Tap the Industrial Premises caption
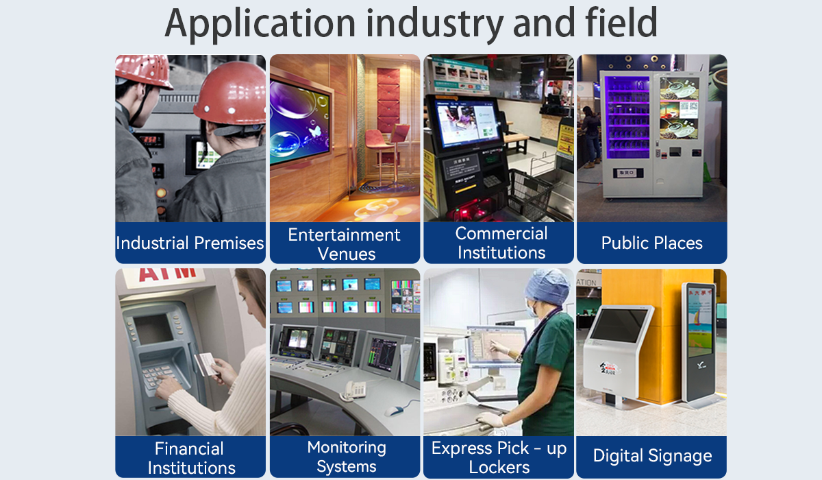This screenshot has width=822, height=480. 190,243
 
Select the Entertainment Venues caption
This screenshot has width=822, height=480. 344,244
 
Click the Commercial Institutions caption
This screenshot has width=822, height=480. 501,243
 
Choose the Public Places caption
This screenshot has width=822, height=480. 651,243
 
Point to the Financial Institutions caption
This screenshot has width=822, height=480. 190,458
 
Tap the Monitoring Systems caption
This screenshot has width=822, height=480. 347,457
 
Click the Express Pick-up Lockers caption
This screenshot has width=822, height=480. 499,458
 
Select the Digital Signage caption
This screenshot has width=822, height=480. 652,456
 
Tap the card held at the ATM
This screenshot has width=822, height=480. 206,363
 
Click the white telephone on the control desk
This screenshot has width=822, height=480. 355,389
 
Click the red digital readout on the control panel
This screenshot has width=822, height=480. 149,140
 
